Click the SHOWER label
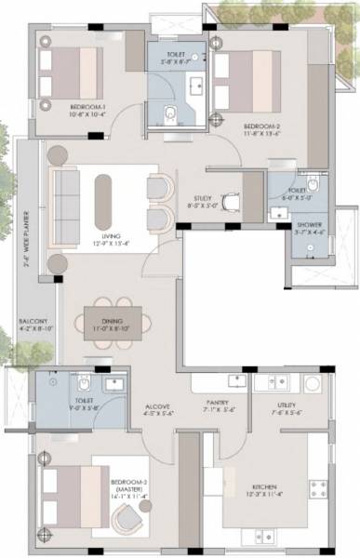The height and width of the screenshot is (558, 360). click(x=309, y=225)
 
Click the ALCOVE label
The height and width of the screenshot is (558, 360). click(x=157, y=405)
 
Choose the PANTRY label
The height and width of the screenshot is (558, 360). click(x=220, y=405)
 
